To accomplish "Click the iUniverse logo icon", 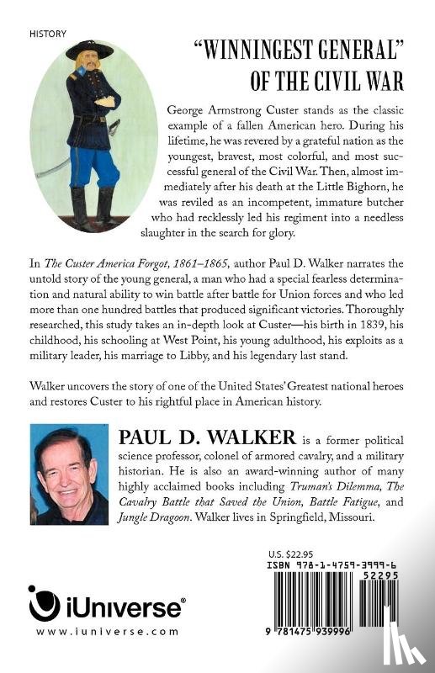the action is (x=45, y=603).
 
